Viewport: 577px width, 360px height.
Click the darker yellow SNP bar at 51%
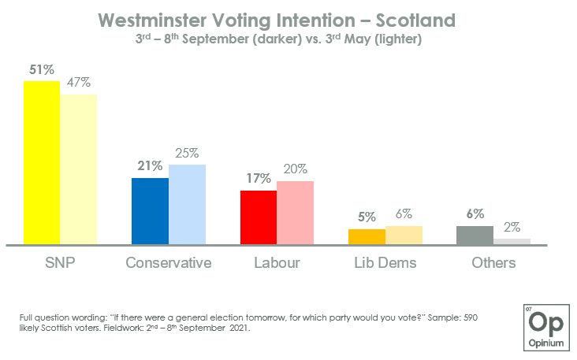[x=42, y=163]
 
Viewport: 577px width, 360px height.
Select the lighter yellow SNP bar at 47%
[x=79, y=169]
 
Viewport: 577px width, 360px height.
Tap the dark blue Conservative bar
[x=150, y=211]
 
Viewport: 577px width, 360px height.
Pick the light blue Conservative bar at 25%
[x=187, y=205]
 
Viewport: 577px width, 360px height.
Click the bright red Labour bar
[x=258, y=217]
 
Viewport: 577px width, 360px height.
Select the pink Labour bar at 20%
[x=295, y=213]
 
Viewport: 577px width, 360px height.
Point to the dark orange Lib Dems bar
[x=367, y=236]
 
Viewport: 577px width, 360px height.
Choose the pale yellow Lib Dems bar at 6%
[x=404, y=236]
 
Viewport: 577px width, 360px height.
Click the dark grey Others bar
[x=475, y=236]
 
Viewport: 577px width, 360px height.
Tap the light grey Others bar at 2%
[x=512, y=242]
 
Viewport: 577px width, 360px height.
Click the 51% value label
[x=42, y=69]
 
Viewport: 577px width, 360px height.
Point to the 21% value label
[x=150, y=166]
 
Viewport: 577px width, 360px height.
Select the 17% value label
[x=258, y=179]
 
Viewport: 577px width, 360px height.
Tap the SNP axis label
[x=60, y=262]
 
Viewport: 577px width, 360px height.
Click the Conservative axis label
[x=169, y=262]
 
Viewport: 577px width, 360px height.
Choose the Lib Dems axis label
[x=385, y=262]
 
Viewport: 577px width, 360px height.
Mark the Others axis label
[x=493, y=262]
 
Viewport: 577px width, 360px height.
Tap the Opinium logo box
[x=543, y=324]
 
